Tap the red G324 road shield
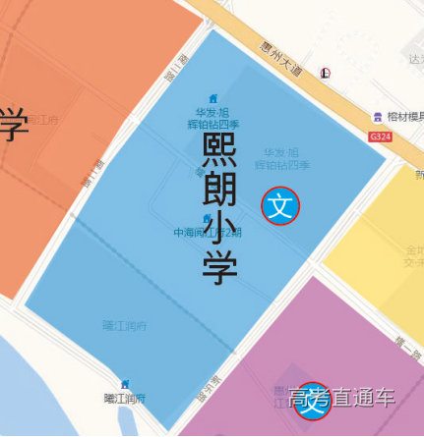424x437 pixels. click(380, 137)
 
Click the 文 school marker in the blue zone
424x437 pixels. click(280, 206)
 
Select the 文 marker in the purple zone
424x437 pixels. click(313, 401)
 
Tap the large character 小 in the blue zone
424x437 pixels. click(219, 232)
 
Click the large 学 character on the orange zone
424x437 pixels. click(12, 125)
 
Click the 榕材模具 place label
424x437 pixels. click(403, 117)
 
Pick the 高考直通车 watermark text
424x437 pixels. click(341, 399)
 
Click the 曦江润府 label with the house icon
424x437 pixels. click(125, 398)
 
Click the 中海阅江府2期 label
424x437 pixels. click(207, 234)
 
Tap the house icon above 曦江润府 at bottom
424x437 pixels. click(125, 384)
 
